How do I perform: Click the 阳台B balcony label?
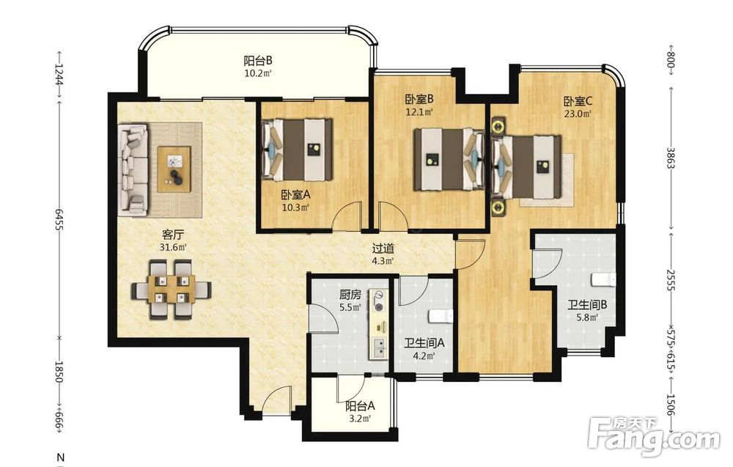[x=257, y=61]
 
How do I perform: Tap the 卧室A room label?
[x=296, y=194]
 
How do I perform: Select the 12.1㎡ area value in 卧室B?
[x=419, y=112]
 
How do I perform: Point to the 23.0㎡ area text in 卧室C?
[x=578, y=114]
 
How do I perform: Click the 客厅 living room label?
[x=173, y=234]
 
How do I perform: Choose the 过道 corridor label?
[x=383, y=249]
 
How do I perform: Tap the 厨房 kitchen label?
[x=350, y=295]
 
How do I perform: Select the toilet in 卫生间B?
[x=603, y=279]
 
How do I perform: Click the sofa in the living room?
[x=133, y=169]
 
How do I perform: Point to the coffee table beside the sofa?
[x=174, y=169]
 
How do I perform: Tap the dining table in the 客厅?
[x=172, y=290]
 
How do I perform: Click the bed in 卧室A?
[x=298, y=150]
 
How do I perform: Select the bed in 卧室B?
[x=449, y=159]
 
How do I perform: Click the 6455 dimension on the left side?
[x=59, y=218]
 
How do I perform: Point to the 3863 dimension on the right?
[x=671, y=158]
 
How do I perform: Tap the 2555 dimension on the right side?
[x=671, y=279]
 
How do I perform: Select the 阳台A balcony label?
[x=360, y=407]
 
